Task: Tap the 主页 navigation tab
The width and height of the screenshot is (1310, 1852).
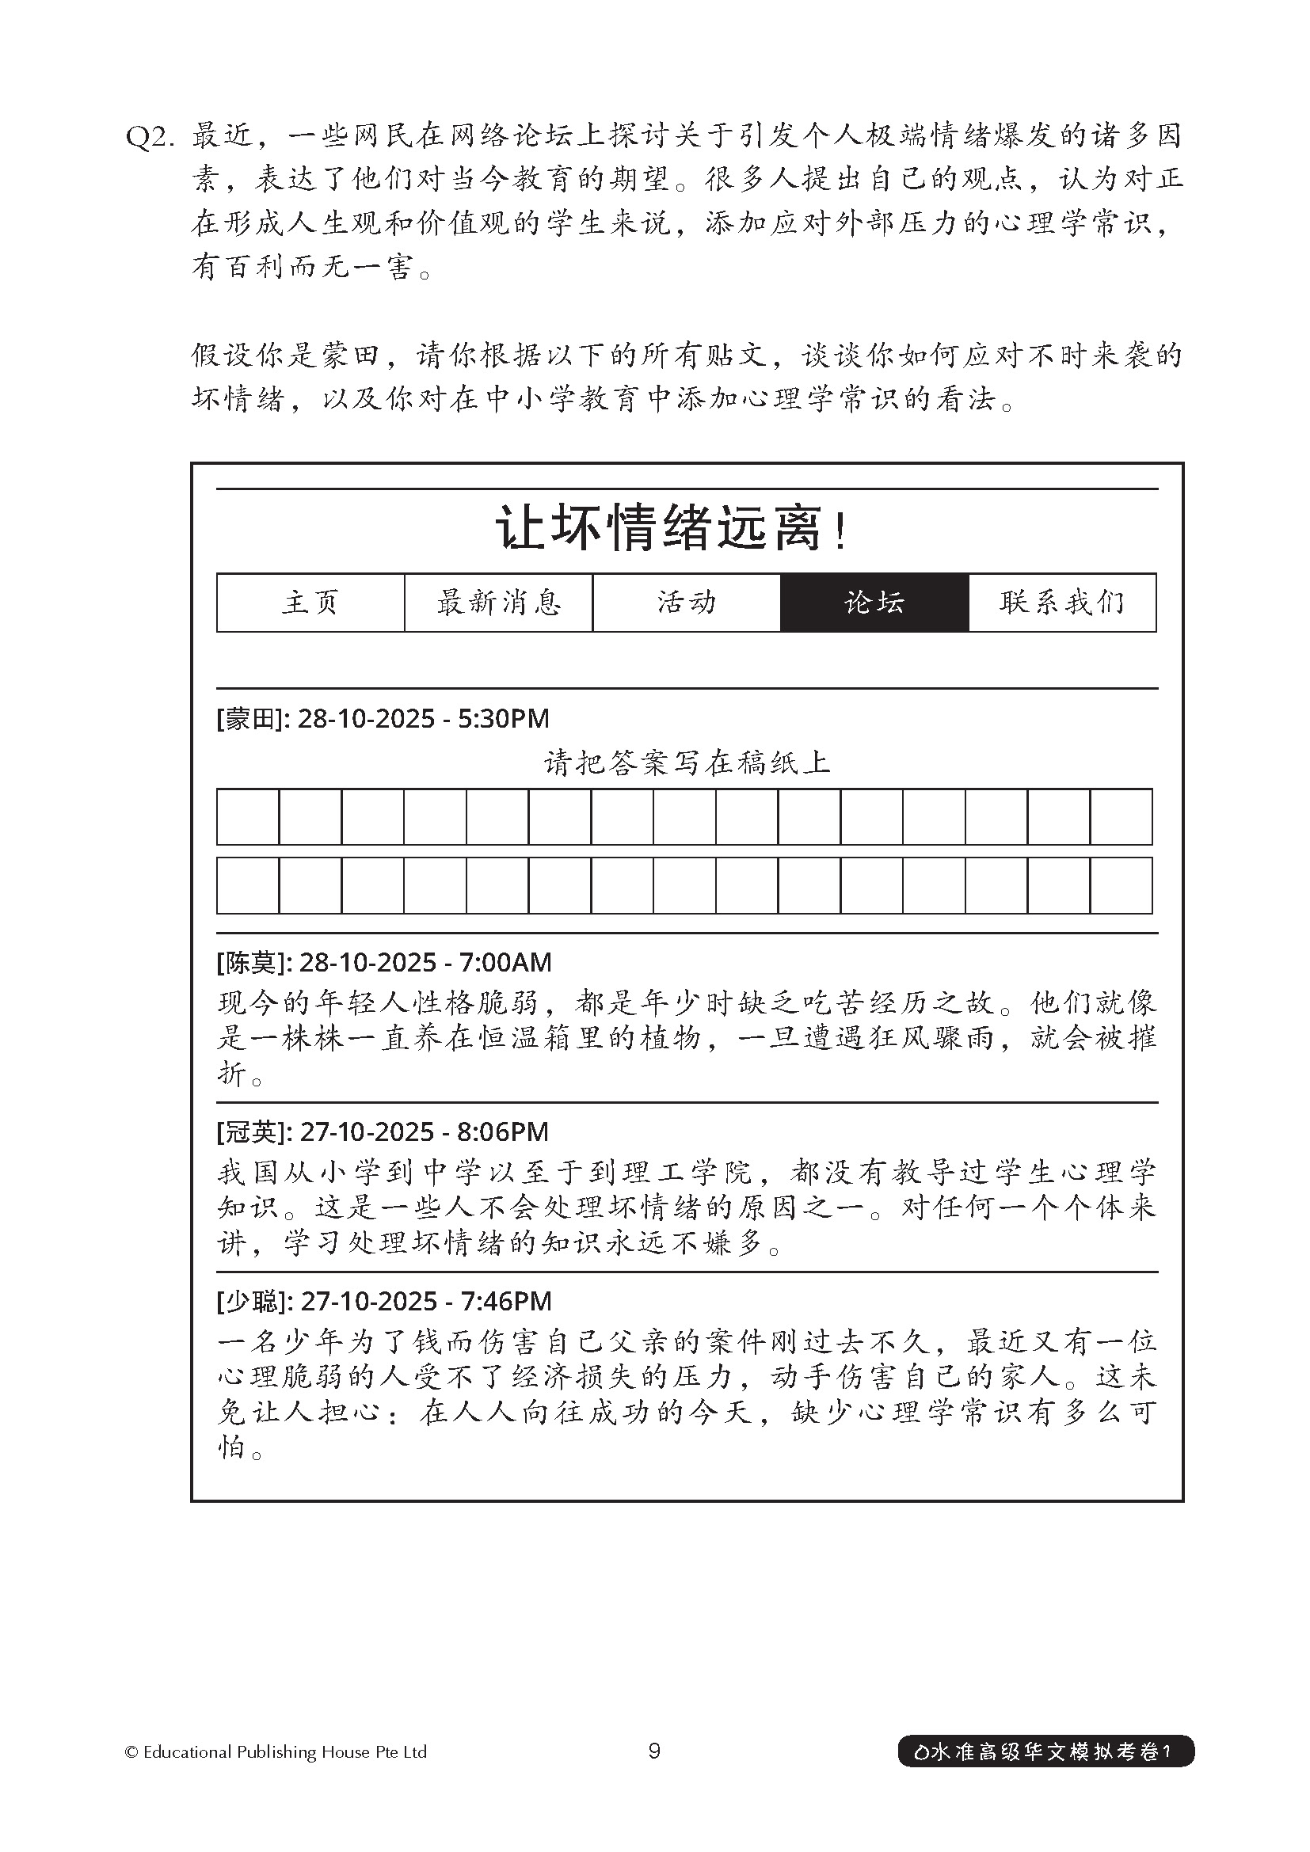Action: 310,603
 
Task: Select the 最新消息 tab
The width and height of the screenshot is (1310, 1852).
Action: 498,603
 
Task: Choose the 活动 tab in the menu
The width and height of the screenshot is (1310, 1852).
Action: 687,603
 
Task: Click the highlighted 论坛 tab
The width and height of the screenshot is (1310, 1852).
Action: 874,603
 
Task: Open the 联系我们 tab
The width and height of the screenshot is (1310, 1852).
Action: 1061,603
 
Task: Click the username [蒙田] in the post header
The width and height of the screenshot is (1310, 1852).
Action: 249,719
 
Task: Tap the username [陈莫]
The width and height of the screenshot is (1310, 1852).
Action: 250,962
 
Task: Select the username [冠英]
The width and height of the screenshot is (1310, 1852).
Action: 250,1131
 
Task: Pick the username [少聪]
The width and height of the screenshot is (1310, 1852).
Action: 250,1301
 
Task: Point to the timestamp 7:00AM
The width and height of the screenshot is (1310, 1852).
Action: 506,962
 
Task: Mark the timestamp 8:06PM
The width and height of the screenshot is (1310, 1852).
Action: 504,1131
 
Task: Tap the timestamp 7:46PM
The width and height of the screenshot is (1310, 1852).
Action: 506,1301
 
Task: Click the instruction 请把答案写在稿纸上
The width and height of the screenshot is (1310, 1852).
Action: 687,762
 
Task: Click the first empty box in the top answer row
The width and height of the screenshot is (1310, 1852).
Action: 249,817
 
